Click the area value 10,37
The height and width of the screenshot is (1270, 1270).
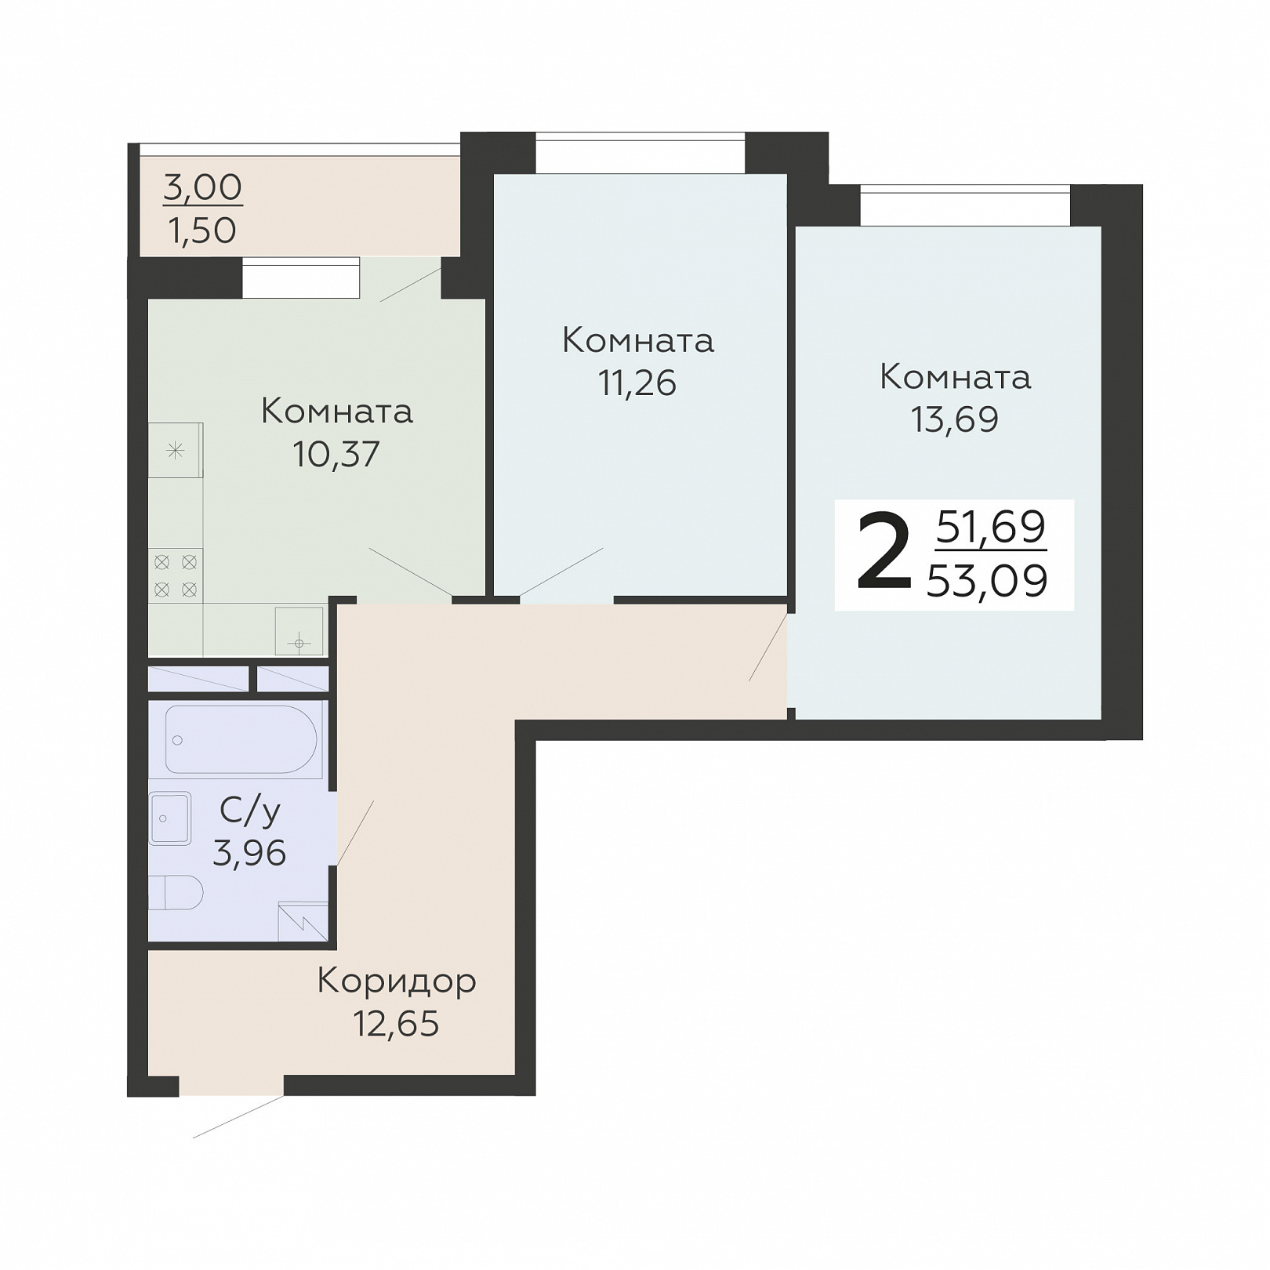pos(336,453)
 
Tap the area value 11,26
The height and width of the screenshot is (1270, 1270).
pos(637,383)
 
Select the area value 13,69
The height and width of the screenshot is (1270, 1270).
pos(955,419)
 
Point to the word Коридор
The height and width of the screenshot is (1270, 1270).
pos(397,982)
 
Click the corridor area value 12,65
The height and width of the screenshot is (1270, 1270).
pos(396,1024)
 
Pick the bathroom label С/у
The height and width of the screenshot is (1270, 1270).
pos(250,812)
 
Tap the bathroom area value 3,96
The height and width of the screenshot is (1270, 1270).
pos(249,853)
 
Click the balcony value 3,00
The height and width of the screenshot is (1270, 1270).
pos(203,187)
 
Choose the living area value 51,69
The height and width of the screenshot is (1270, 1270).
pos(991,526)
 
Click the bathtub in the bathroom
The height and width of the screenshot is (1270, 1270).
pos(243,740)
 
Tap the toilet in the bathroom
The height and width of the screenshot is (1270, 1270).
pos(176,892)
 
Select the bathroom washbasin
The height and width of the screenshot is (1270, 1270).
pos(170,818)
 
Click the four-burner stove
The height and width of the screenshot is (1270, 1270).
pos(176,575)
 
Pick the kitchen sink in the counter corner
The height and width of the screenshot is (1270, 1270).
pos(299,631)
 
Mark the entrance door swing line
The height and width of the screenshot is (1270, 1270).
pos(238,1116)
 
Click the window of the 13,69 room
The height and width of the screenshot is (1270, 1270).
pos(965,206)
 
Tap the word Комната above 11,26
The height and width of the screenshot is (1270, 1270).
pos(638,341)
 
